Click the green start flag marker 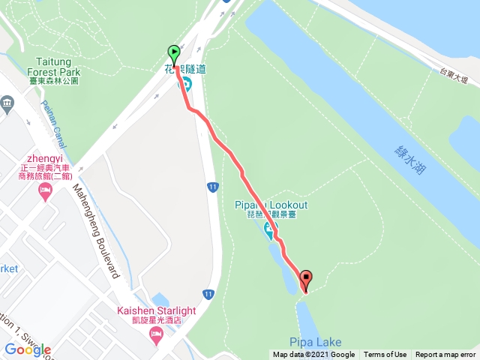(174, 54)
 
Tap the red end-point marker (306, 280)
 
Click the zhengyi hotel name (45, 160)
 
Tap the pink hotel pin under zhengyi (44, 193)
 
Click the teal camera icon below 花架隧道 (184, 83)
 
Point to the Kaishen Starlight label (156, 311)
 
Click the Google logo (27, 349)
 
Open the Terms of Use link (385, 355)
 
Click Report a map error (445, 355)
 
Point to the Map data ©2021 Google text (313, 355)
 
